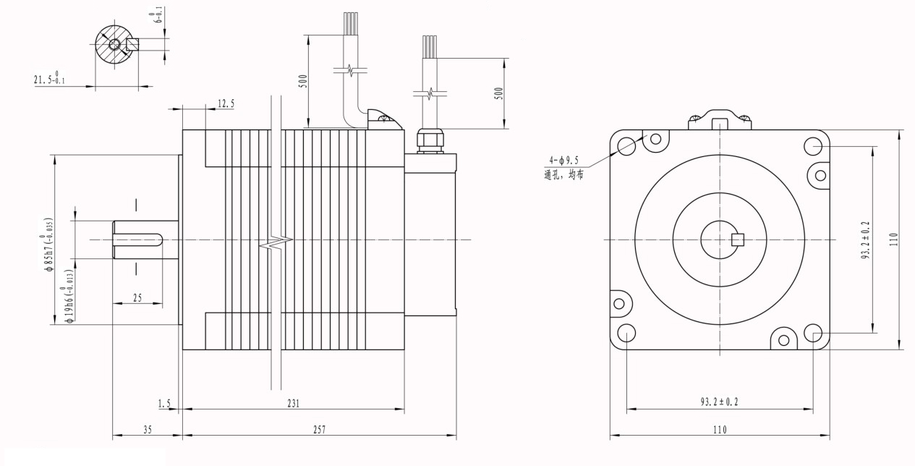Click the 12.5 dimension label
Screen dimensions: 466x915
pos(226,103)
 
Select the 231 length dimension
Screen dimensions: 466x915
pos(293,403)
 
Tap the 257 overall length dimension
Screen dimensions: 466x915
pos(319,430)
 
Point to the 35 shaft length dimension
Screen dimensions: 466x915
pos(148,430)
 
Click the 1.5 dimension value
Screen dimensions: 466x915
pos(164,403)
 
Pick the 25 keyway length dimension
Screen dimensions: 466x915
pos(137,297)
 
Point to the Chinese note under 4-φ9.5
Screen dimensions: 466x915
pos(564,174)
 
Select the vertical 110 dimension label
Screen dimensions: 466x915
pos(893,240)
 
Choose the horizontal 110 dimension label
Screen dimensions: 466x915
pos(719,430)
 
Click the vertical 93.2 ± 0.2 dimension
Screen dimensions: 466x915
pos(866,240)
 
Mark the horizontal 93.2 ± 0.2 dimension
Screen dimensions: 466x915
pos(719,402)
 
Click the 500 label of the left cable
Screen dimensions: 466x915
pos(304,80)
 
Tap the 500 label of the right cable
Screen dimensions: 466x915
pos(498,93)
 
